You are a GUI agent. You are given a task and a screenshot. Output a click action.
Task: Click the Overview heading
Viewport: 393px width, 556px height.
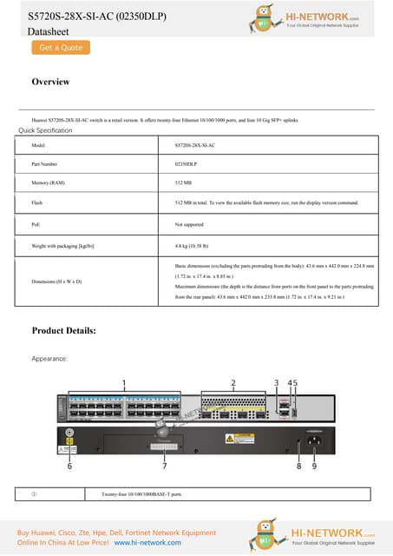(x=50, y=83)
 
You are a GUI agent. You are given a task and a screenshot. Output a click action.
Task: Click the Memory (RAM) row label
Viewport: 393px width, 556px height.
(x=48, y=184)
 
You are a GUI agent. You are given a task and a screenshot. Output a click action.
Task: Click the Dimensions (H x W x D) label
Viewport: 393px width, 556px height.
(x=56, y=282)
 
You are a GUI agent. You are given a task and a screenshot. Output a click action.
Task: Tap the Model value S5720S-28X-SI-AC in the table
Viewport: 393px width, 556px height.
(x=195, y=145)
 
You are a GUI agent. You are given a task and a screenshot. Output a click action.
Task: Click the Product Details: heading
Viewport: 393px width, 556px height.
(x=63, y=331)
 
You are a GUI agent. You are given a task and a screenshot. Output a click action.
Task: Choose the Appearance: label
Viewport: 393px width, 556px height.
(x=49, y=358)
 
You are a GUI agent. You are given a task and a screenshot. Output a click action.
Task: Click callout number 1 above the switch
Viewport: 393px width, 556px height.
(x=124, y=382)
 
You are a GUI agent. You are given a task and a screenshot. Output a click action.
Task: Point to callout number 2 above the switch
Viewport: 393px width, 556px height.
(x=233, y=382)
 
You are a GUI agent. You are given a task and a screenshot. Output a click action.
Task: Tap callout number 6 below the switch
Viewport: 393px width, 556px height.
(x=70, y=466)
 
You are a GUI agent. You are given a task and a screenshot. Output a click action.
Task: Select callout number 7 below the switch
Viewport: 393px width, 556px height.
(x=165, y=466)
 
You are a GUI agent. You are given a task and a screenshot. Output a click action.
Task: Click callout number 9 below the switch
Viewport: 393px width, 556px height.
(x=313, y=466)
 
